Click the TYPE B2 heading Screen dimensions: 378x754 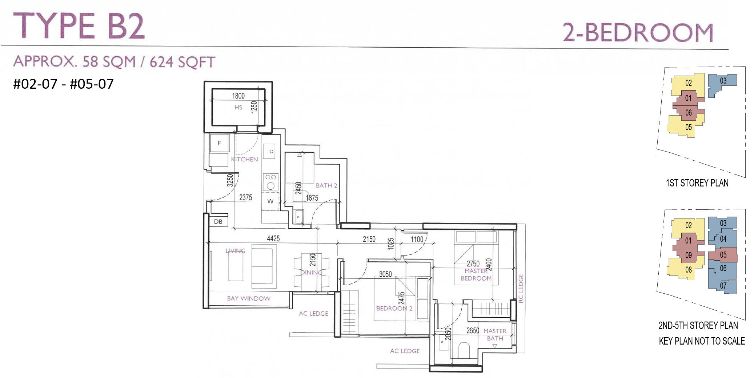79,26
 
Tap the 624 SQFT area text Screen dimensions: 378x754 183,62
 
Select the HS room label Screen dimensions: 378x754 238,107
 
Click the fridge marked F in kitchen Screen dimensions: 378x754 219,143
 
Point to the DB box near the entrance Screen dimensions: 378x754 218,221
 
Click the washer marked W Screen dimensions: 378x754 270,201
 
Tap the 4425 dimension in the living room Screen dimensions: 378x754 273,238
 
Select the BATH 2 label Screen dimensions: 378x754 326,185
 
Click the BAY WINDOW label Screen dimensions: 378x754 249,298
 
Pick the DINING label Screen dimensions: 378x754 311,272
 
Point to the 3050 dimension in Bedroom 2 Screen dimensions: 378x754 385,274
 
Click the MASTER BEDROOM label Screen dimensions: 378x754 476,275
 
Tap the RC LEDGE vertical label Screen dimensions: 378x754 521,288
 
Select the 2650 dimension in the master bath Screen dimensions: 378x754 473,331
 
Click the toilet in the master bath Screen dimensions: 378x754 464,350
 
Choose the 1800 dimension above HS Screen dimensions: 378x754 238,96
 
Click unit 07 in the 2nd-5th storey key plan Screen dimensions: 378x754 723,286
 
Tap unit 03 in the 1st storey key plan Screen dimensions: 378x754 723,81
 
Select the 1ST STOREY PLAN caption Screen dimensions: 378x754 697,183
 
